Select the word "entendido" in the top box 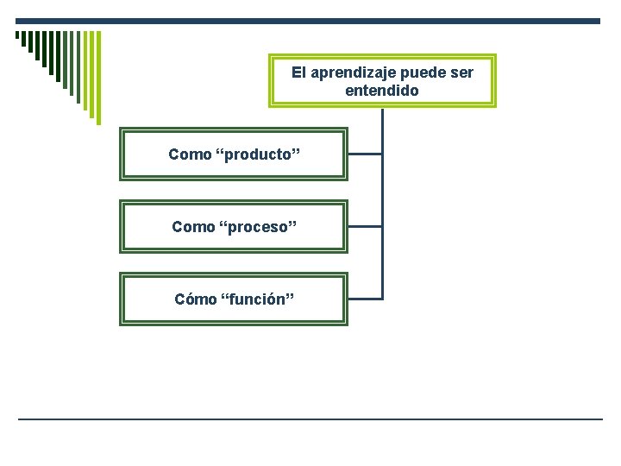[382, 90]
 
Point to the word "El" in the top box [298, 72]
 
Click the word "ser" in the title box [461, 72]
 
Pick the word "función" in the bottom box [258, 299]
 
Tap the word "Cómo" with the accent [195, 299]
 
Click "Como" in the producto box [190, 154]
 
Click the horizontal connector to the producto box [364, 154]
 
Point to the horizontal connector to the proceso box [364, 226]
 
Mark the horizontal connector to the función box [364, 299]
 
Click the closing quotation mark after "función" [292, 299]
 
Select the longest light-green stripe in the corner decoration [97, 78]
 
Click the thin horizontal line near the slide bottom [310, 419]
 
